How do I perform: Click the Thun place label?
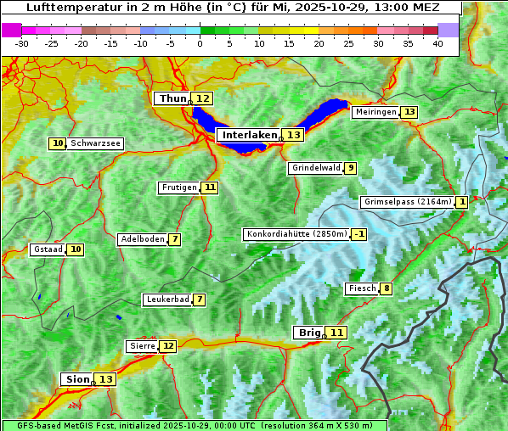coord(172,99)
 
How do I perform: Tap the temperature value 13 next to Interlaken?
coord(293,135)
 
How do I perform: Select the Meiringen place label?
coord(375,112)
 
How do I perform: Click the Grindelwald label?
coord(315,168)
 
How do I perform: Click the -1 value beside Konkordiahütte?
coord(359,234)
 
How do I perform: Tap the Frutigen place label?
coord(178,188)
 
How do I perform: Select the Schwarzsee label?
coord(95,144)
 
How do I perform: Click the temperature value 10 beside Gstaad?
coord(76,249)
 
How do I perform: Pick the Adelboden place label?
coord(142,239)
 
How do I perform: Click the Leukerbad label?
coord(167,299)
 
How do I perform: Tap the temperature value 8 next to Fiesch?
coord(387,288)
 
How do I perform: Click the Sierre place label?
coord(142,346)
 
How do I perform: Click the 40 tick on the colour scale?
coord(437,43)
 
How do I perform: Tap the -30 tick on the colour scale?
coord(22,43)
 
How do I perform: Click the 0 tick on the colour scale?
coord(200,43)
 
